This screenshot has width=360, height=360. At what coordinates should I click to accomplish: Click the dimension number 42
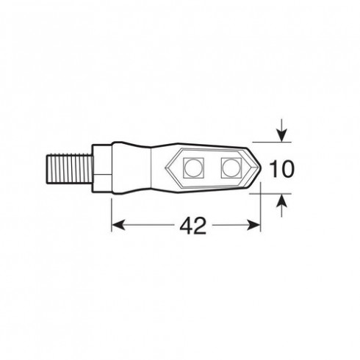tap(193, 226)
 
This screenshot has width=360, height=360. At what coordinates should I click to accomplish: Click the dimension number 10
tap(281, 169)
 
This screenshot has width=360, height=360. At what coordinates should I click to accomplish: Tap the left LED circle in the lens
tap(193, 168)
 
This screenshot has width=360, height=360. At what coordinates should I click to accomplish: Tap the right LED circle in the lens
tap(231, 168)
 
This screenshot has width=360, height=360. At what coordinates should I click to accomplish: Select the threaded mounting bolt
tap(69, 168)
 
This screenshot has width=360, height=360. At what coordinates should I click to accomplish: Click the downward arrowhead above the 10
tap(281, 136)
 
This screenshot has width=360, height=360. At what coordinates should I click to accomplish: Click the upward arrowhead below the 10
tap(281, 200)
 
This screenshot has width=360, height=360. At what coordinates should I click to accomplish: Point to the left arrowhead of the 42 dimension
tap(118, 225)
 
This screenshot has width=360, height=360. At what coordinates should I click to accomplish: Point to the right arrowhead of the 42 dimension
tap(253, 225)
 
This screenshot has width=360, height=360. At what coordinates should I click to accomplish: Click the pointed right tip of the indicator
tap(261, 168)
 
